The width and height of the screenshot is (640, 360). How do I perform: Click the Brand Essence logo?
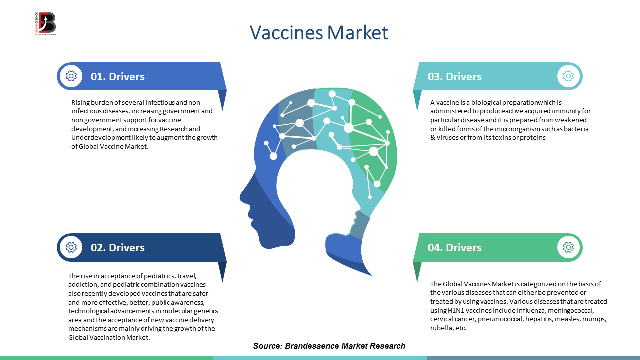(x=45, y=23)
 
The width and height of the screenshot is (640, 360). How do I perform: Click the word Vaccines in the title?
(x=286, y=32)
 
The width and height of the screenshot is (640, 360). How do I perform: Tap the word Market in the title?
(x=357, y=32)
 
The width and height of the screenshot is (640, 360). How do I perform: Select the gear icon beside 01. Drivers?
(x=71, y=76)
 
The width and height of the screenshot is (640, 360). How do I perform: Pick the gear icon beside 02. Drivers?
(x=71, y=247)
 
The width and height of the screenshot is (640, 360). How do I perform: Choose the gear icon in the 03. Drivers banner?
(x=568, y=76)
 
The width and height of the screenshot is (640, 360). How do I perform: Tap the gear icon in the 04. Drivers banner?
(x=568, y=247)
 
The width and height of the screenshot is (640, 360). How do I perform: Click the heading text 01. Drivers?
(x=117, y=77)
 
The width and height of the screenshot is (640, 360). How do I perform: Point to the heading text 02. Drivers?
(x=117, y=247)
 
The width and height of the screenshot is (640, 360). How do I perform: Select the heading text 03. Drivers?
(x=455, y=77)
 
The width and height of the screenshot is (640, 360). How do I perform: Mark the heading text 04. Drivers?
(x=455, y=247)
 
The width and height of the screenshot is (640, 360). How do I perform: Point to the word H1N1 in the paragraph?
(x=455, y=310)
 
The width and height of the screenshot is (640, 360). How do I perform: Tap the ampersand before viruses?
(x=433, y=138)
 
